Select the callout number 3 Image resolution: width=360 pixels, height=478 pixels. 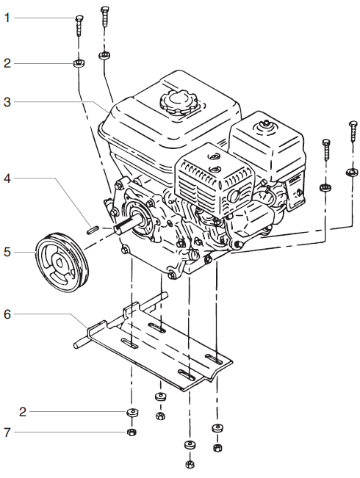click(x=7, y=102)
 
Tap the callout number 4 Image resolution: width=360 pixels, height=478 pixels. click(x=7, y=178)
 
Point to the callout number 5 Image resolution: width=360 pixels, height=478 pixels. click(x=7, y=251)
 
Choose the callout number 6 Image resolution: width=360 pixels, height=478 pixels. click(x=7, y=314)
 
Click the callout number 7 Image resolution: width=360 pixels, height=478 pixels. click(x=7, y=432)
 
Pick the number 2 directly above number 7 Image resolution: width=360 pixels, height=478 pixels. click(x=23, y=411)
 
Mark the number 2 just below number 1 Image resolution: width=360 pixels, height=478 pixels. click(x=7, y=64)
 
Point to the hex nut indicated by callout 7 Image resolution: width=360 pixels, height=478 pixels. click(x=132, y=432)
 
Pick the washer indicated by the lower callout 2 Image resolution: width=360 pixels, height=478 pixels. click(x=132, y=413)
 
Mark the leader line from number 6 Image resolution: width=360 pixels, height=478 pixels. click(x=51, y=314)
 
